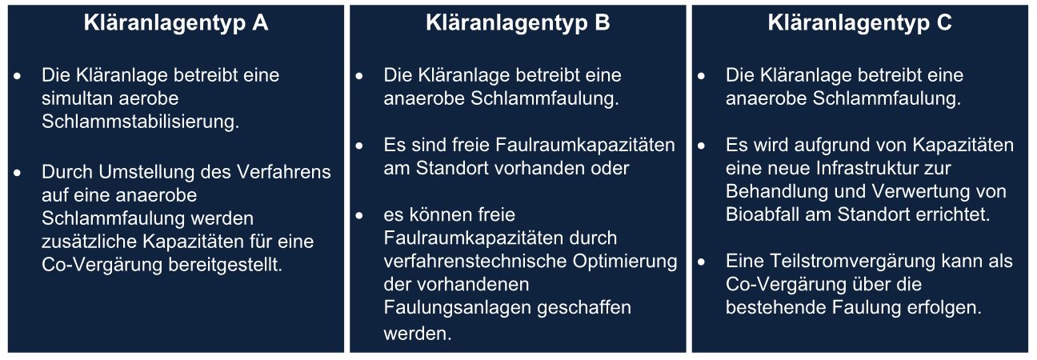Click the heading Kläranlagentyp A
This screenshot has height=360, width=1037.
[176, 23]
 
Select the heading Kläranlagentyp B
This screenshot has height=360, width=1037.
[518, 23]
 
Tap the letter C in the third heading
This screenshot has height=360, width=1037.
[944, 22]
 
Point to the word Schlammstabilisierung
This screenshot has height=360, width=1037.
[140, 122]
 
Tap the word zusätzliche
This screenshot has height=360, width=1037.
[89, 241]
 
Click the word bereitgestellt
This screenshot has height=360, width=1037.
[225, 265]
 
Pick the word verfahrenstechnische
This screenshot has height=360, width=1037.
[474, 261]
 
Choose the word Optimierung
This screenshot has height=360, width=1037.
[625, 262]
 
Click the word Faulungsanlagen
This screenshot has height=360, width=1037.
[457, 308]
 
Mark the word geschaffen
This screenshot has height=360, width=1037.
[584, 308]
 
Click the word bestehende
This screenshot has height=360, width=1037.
[775, 307]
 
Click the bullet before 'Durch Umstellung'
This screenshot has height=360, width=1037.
[18, 173]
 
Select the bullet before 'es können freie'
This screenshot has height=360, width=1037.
[359, 216]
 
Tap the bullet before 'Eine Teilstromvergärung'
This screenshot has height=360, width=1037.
[702, 262]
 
